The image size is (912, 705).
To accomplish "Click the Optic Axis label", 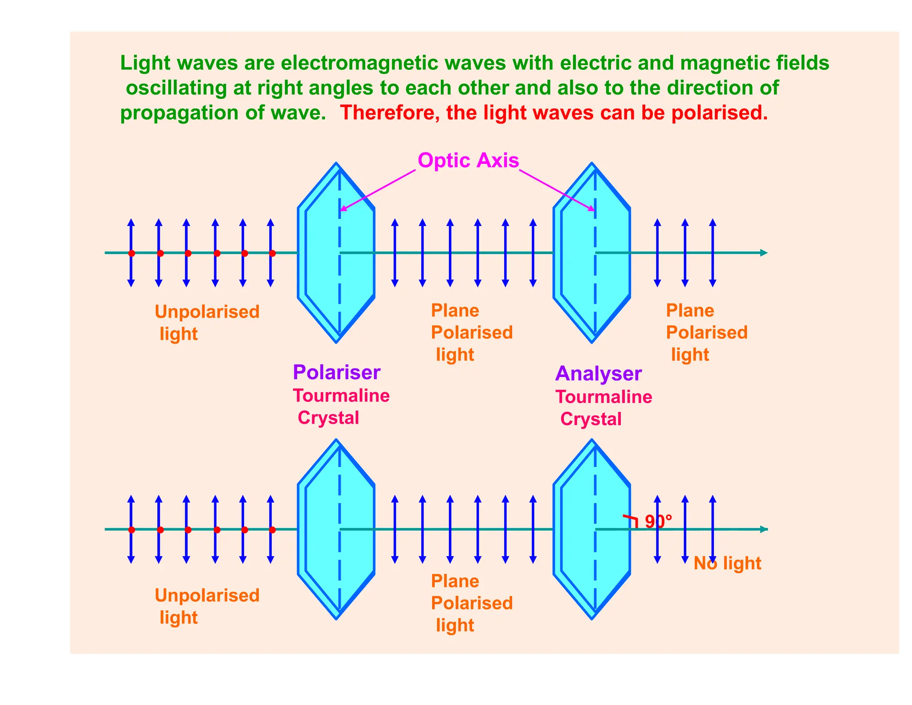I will coord(468,160).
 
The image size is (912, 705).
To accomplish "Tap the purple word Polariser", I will coord(336,373).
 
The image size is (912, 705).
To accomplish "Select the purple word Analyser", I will coord(598,374).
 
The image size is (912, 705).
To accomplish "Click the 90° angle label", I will coord(658,521).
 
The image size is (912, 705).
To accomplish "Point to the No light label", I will coord(727,564).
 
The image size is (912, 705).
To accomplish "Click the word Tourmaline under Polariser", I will coord(341,396).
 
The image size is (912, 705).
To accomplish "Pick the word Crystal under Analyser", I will coord(590,419).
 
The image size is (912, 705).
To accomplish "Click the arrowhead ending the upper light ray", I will coord(764,253).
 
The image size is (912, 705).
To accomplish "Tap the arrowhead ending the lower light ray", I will coord(764,529).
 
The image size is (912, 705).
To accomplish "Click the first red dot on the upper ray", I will coord(131,253).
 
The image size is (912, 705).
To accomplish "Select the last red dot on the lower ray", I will coord(272,530).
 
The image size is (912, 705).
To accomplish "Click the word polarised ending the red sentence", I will coord(719,113).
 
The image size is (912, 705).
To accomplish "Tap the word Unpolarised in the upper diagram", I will coord(207,312).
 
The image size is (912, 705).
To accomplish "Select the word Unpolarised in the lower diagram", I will coord(207,596).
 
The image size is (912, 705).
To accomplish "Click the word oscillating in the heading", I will coord(176,88).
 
